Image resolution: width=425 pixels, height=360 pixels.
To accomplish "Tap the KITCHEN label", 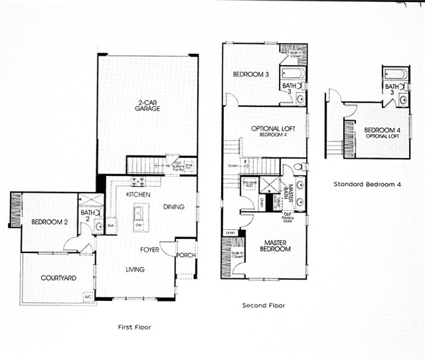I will pyautogui.click(x=138, y=195).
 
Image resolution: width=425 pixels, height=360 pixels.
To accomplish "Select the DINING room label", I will pyautogui.click(x=175, y=207).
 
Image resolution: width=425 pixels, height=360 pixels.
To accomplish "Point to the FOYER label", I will pyautogui.click(x=149, y=250).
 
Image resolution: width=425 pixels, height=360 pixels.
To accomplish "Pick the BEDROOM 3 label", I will pyautogui.click(x=250, y=74).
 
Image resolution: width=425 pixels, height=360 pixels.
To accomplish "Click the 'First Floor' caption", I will pyautogui.click(x=134, y=327).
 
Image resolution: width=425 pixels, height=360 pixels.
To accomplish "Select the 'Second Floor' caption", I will pyautogui.click(x=264, y=306).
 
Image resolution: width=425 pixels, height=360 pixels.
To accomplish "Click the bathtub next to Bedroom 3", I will pyautogui.click(x=293, y=72).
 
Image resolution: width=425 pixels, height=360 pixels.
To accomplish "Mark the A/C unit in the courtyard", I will pyautogui.click(x=87, y=297).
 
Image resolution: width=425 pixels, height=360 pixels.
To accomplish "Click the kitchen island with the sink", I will pyautogui.click(x=138, y=216).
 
